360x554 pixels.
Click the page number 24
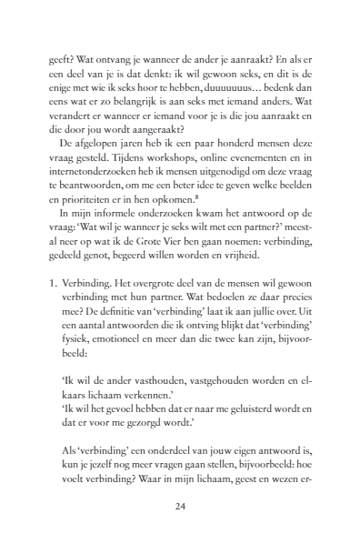click(180, 508)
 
